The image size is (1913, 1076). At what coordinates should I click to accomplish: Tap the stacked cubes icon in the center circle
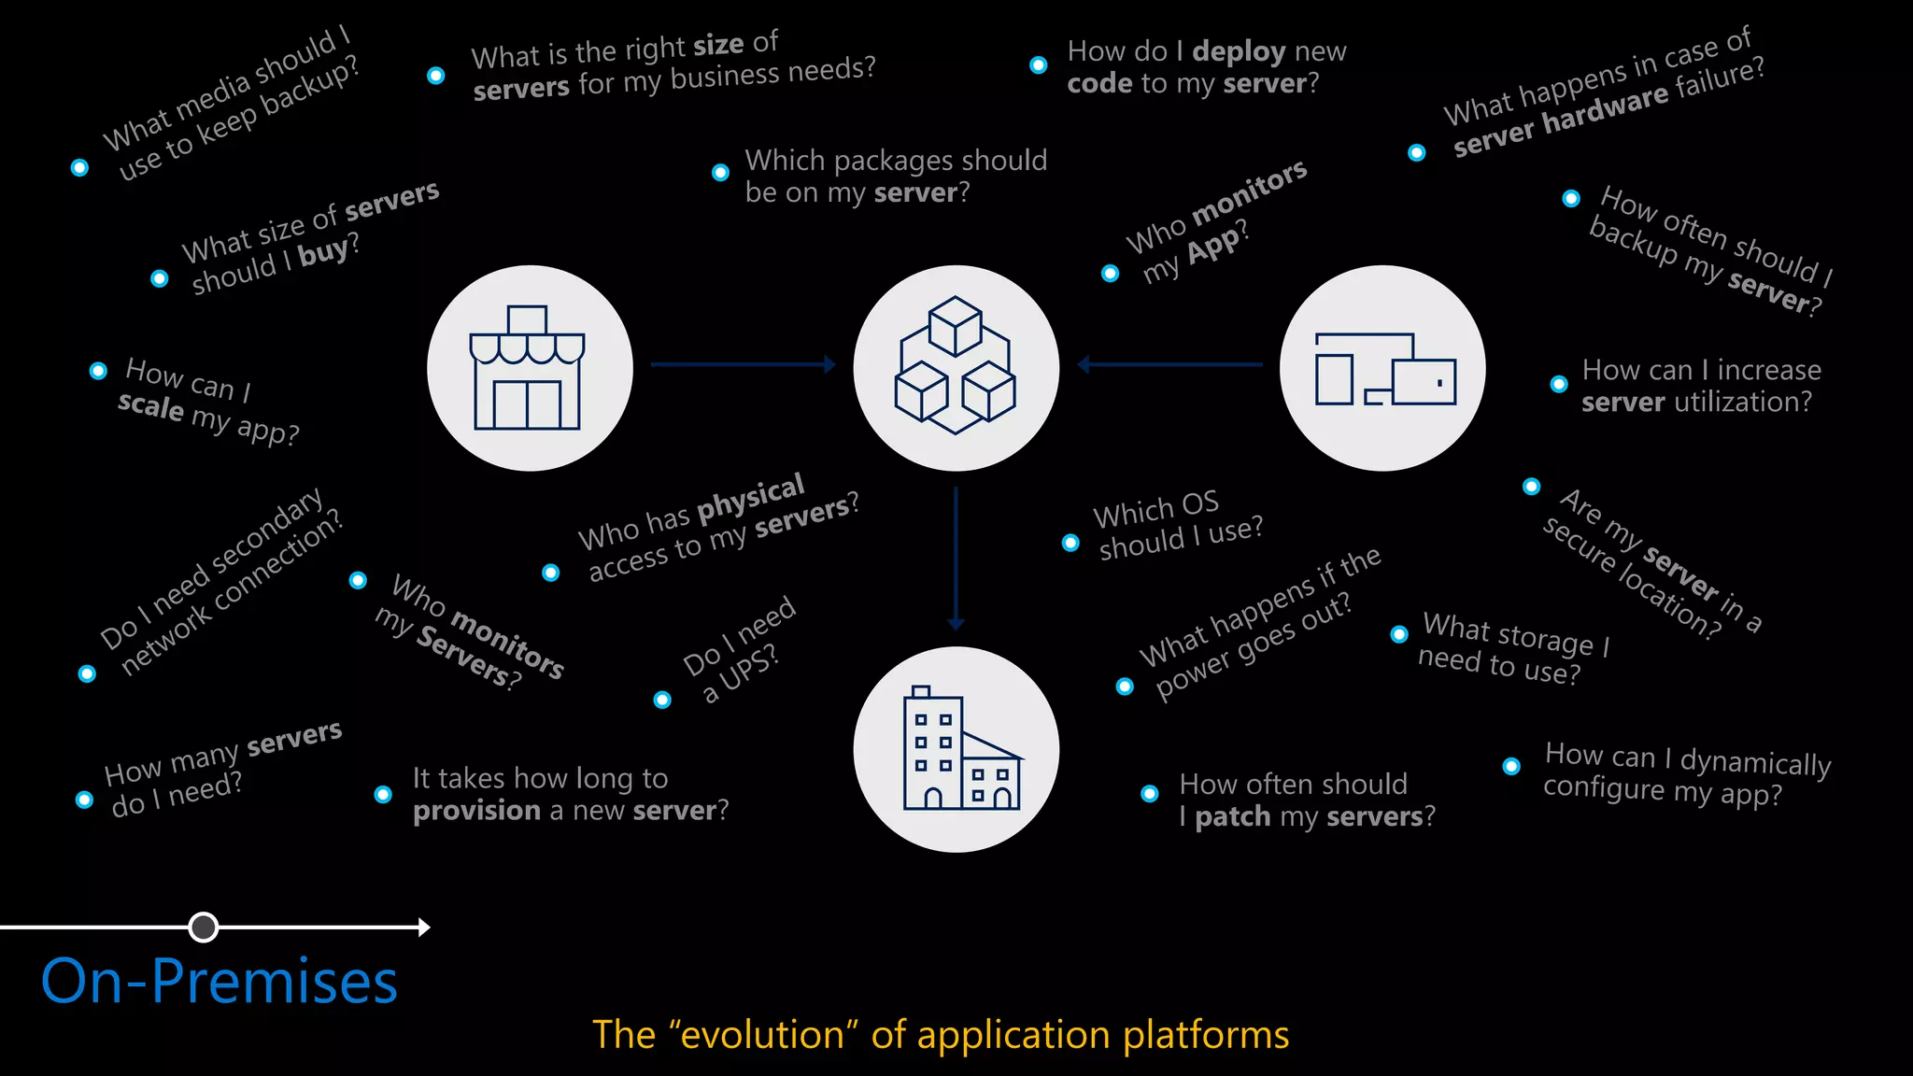956,365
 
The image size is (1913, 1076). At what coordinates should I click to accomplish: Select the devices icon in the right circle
1384,369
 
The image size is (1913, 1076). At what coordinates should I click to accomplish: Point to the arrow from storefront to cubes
742,364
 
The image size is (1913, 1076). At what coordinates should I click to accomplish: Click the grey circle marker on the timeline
204,927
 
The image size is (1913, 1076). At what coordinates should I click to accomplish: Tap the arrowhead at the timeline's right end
424,927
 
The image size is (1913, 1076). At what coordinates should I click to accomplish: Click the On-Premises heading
220,982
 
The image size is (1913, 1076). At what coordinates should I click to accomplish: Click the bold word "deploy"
1239,50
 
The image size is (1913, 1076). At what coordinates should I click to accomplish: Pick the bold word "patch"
1233,816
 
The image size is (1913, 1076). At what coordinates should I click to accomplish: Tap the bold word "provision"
476,810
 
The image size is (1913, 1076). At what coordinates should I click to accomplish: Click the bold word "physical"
751,498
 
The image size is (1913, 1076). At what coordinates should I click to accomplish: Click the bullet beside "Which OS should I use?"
1070,543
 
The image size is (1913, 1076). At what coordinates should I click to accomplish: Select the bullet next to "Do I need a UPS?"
662,700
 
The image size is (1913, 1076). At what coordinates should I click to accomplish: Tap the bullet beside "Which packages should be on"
720,172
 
